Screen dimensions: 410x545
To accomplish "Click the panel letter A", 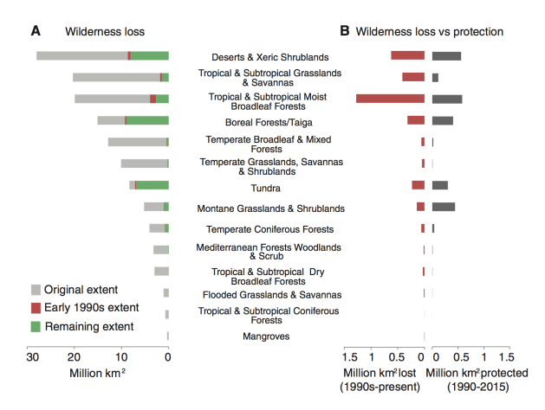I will (x=36, y=31).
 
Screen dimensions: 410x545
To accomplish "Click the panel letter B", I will (x=344, y=31).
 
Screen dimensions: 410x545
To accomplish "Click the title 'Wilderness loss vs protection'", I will (x=430, y=31).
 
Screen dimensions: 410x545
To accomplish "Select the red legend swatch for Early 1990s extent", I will (x=36, y=308).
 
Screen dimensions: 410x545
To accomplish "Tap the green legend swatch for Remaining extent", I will (x=36, y=326).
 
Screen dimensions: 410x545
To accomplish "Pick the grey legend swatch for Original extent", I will (x=36, y=289).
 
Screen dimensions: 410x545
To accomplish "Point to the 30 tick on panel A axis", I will (x=30, y=357).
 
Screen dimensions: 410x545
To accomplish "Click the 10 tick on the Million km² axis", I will (x=122, y=357).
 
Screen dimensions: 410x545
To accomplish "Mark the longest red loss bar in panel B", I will (x=390, y=99).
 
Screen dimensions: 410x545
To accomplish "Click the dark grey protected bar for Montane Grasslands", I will (x=443, y=207).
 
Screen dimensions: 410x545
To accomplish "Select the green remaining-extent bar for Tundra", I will (x=152, y=185).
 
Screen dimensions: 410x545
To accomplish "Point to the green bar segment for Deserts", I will (x=150, y=55).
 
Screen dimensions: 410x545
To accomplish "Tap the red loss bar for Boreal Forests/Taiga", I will (x=416, y=120).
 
